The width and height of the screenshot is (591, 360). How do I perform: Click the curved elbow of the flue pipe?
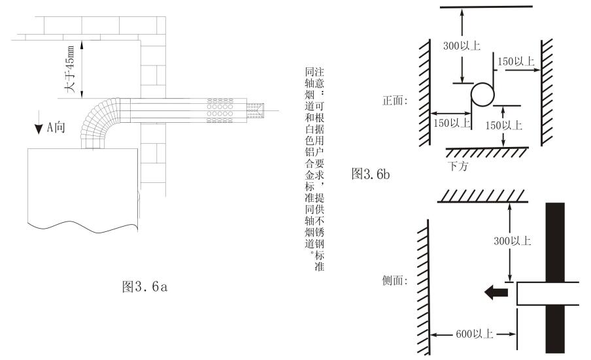[98, 121]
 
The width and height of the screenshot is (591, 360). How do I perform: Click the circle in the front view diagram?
[483, 93]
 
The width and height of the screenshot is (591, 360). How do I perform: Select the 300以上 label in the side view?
[513, 240]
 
